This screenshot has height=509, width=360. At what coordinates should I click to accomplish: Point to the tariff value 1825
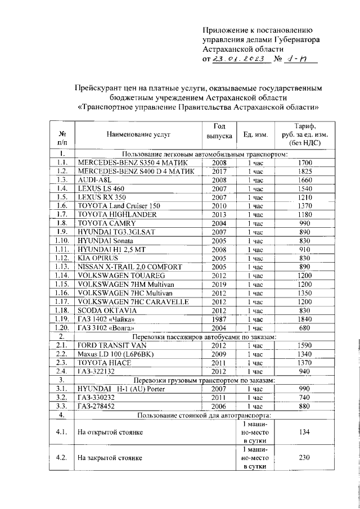click(305, 171)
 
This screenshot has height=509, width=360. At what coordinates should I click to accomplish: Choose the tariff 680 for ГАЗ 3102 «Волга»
click(305, 328)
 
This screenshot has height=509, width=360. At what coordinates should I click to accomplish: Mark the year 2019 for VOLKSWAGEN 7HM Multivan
click(219, 284)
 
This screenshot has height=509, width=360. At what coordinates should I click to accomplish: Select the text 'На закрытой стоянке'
click(110, 458)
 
